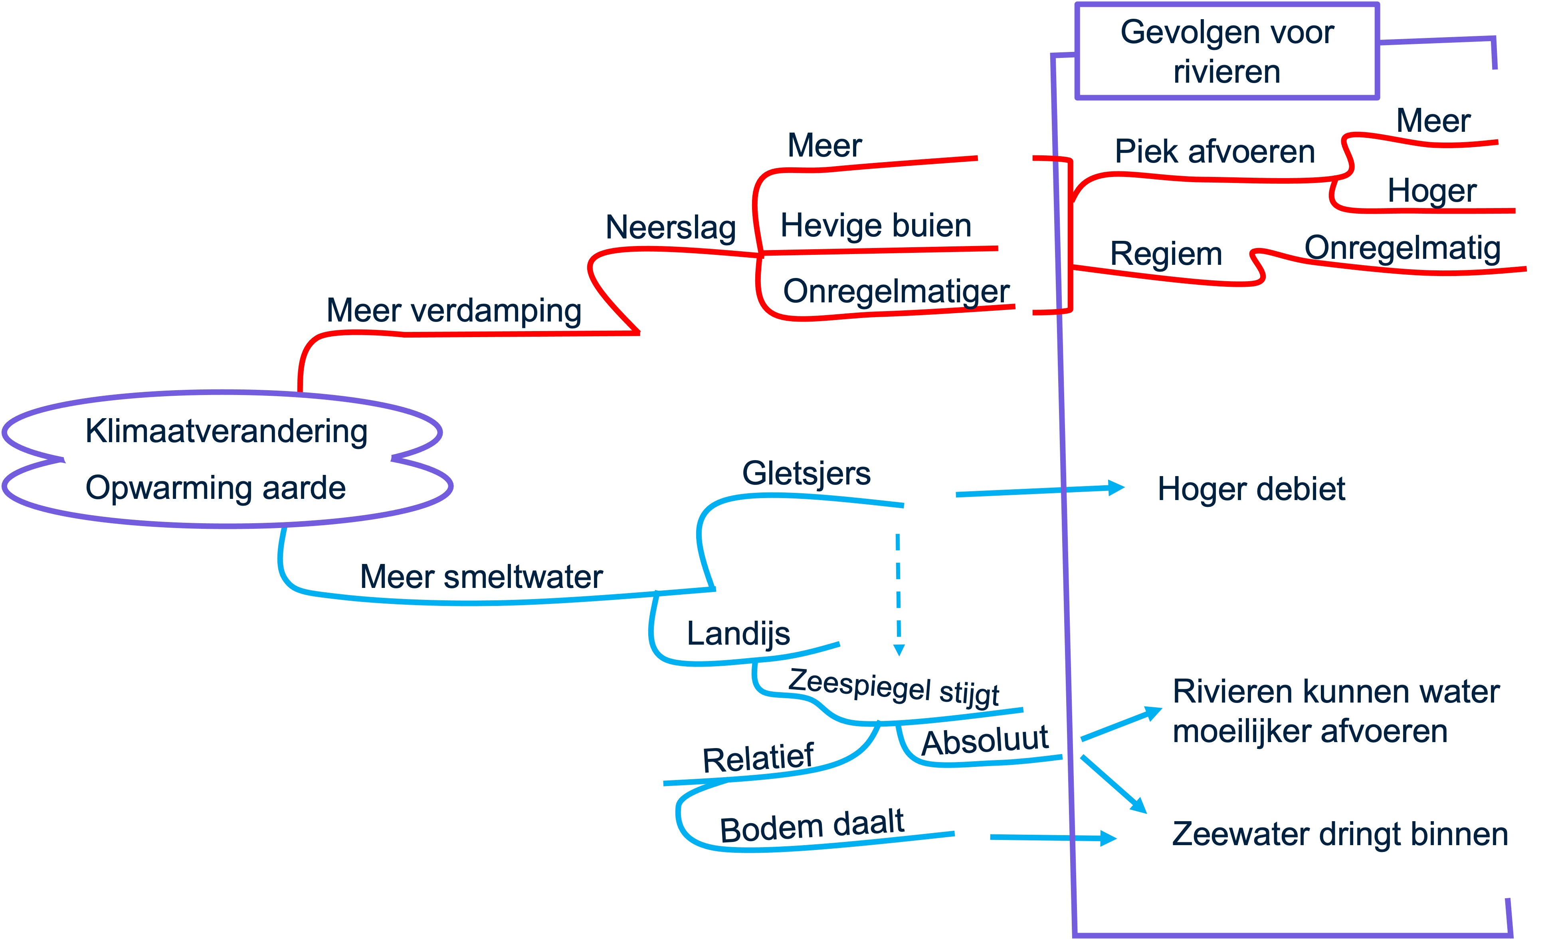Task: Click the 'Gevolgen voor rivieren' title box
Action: click(1227, 52)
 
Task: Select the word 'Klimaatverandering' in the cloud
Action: click(226, 431)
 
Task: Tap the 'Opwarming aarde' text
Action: click(216, 488)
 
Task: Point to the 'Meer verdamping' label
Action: click(454, 311)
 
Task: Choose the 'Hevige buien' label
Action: click(875, 226)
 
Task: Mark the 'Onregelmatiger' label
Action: click(896, 292)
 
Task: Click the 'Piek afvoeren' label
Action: click(1214, 152)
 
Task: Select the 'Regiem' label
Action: click(1166, 254)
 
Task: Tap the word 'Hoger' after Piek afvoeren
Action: click(1432, 191)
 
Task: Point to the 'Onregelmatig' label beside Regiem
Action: click(1402, 248)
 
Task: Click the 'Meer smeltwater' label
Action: click(481, 577)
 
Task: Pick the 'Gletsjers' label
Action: click(806, 473)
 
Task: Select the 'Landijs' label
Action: click(738, 634)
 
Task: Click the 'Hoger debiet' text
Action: click(1251, 489)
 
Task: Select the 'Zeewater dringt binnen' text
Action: click(1340, 834)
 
